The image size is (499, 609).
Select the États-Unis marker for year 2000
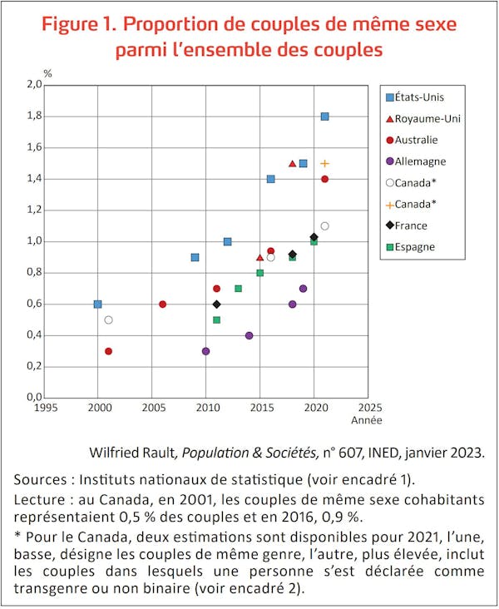(x=98, y=304)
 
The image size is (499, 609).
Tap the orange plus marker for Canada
(x=325, y=163)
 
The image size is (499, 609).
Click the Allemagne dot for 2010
(x=206, y=351)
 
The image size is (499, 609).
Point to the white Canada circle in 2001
(x=108, y=319)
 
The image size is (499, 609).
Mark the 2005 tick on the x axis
(x=153, y=408)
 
